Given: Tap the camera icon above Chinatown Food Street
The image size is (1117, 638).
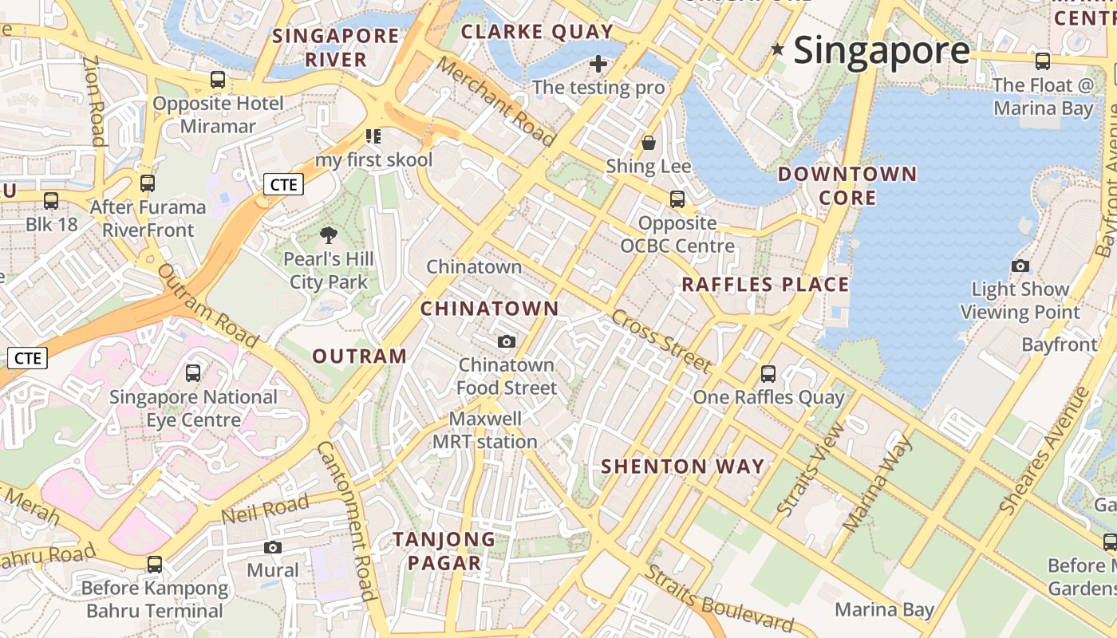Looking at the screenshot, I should point(506,342).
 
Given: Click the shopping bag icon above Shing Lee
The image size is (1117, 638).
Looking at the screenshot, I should point(649,143).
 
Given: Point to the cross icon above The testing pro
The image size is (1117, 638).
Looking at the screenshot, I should point(598,64).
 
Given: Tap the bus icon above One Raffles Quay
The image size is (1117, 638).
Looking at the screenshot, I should point(768,373).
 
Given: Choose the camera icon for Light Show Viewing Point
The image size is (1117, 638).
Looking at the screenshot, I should point(1020,266).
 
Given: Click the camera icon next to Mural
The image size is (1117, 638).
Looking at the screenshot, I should point(273,547).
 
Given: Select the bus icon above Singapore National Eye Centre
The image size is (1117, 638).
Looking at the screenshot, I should point(193,372).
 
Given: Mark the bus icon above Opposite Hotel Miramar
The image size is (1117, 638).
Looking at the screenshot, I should point(218,80).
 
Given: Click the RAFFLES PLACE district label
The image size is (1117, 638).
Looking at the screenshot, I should point(765,285).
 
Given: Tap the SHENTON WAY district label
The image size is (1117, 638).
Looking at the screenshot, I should point(682,467).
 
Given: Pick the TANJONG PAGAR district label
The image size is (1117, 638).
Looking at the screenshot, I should point(444,551).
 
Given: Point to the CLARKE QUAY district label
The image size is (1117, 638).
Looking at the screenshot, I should point(538,32).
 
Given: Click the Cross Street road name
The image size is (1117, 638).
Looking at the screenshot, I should point(661,341).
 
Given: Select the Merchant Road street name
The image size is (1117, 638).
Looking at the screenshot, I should point(495,102).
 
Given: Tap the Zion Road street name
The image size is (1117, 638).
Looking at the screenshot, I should point(94,100).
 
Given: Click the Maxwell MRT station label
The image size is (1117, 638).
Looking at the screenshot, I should point(485,430).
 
